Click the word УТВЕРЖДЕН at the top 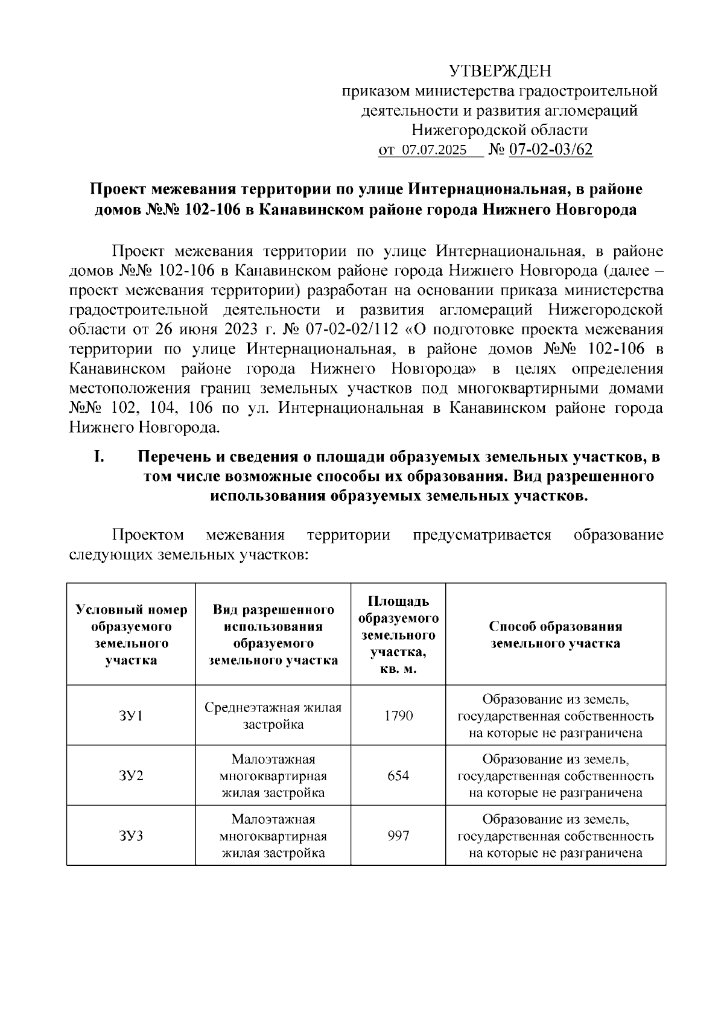tap(500, 72)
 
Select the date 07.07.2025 tap(434, 150)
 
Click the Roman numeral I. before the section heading tap(100, 457)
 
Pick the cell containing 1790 tap(398, 716)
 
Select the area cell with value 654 tap(398, 775)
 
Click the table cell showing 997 tap(398, 836)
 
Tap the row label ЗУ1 tap(131, 716)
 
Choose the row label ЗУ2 tap(131, 775)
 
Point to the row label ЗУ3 tap(131, 836)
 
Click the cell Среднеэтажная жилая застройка tap(273, 716)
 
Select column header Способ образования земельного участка tap(556, 635)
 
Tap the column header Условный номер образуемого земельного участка tap(131, 635)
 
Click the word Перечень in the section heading tap(174, 457)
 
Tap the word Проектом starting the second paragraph tap(148, 535)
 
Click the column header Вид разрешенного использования tap(273, 635)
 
